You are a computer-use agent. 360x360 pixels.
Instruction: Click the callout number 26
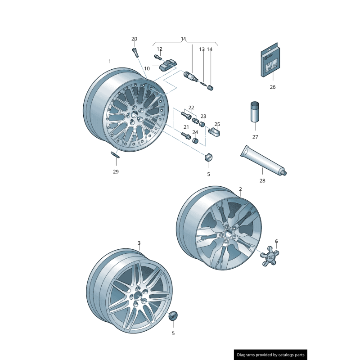tap(273, 87)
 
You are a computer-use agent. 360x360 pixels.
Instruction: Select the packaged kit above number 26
tap(270, 60)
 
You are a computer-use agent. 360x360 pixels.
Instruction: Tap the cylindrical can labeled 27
tap(255, 112)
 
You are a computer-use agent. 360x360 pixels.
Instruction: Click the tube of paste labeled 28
tap(263, 161)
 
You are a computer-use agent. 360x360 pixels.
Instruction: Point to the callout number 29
tap(116, 172)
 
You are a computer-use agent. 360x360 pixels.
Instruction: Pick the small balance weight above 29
tap(115, 154)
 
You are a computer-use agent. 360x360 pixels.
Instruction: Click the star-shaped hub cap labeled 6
tap(270, 256)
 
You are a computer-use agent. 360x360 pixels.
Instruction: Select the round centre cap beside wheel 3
tap(173, 316)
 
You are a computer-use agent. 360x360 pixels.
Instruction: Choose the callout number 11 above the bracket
tap(183, 39)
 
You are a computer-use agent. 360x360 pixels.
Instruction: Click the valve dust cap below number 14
tap(210, 88)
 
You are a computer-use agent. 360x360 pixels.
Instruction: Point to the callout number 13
tap(202, 49)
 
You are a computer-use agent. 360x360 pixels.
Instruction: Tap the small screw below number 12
tap(157, 57)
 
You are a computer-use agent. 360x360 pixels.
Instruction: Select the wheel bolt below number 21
tap(186, 136)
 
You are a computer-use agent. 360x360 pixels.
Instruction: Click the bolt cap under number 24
tap(195, 140)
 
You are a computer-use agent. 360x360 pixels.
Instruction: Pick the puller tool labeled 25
tap(214, 132)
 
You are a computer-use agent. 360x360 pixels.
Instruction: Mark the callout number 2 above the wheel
tap(240, 189)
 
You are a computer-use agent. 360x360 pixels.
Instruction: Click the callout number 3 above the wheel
tap(139, 243)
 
